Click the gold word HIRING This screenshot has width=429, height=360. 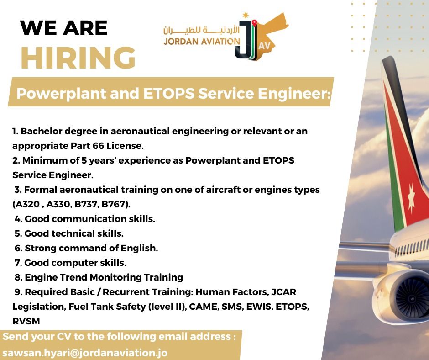[78, 58]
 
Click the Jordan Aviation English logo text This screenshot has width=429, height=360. [202, 42]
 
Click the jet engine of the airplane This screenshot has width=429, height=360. [405, 295]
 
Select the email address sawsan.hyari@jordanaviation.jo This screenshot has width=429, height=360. [85, 353]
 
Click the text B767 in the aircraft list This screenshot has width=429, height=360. [114, 204]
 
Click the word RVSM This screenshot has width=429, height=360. [26, 321]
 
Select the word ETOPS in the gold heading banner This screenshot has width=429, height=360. [169, 93]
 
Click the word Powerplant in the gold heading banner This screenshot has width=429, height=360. [61, 94]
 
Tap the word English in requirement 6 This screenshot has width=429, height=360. [139, 248]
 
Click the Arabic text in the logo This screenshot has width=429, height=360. [201, 30]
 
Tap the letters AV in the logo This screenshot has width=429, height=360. [264, 46]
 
